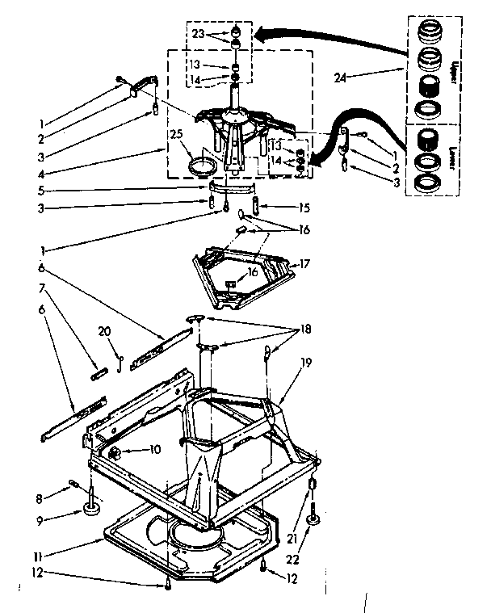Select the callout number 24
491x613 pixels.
coord(340,78)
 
